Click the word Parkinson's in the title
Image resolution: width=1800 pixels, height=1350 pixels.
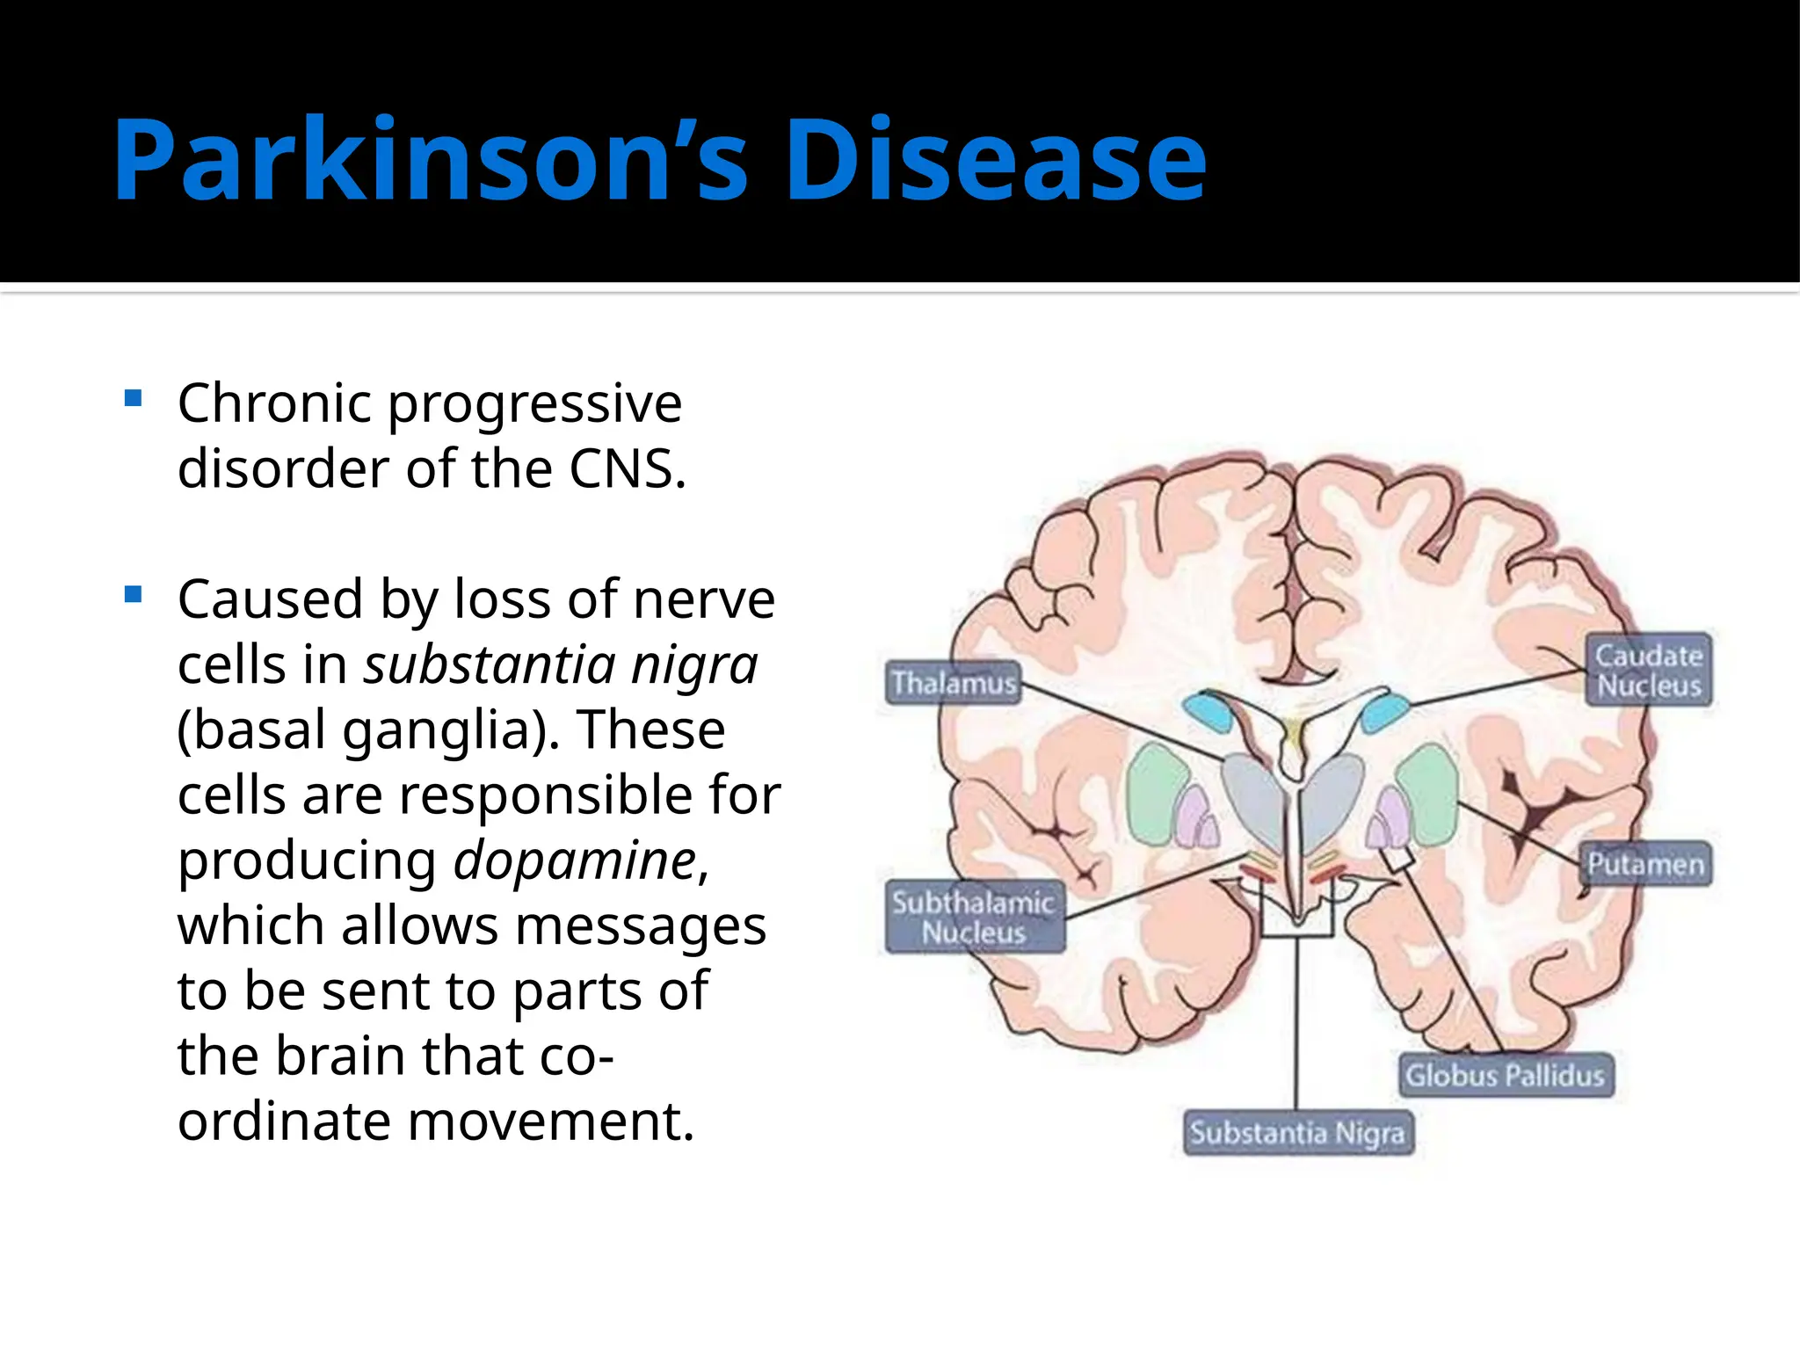tap(431, 161)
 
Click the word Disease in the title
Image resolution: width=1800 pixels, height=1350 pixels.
tap(996, 161)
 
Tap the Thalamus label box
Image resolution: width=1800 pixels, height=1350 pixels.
tap(954, 683)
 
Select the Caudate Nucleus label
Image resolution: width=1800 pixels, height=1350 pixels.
tap(1649, 670)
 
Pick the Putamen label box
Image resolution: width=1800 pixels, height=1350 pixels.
tap(1645, 864)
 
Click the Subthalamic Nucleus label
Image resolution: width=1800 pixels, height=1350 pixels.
tap(974, 917)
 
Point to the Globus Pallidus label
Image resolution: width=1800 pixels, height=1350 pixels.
tap(1505, 1075)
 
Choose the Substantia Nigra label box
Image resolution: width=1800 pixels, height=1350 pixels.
tap(1297, 1133)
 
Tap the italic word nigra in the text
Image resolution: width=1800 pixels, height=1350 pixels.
tap(694, 665)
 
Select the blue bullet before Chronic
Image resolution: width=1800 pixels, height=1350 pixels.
tap(134, 399)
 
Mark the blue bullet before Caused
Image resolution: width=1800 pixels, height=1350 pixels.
tap(134, 595)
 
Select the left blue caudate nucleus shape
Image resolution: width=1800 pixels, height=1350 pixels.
tap(1208, 711)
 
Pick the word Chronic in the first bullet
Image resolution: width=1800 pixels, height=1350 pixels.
tap(274, 403)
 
